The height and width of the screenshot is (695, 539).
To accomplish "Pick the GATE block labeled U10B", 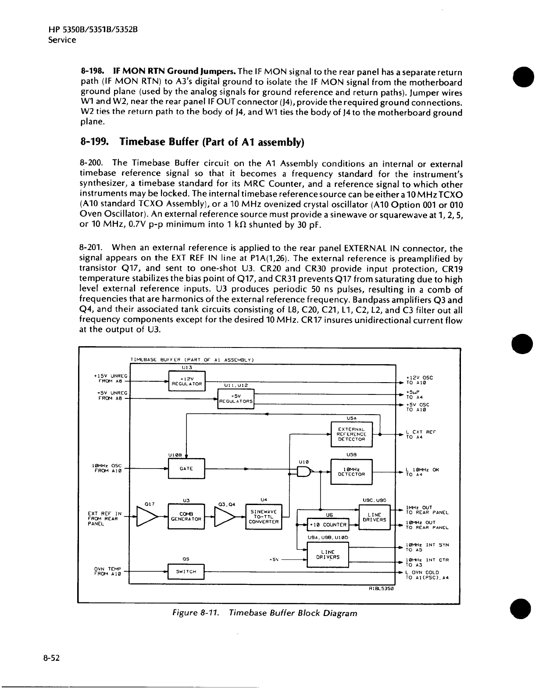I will [186, 469].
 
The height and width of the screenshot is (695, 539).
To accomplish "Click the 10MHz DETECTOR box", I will [351, 472].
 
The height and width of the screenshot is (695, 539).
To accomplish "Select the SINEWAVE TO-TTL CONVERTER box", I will [263, 516].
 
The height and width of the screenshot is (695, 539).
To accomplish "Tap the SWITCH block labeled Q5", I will [186, 571].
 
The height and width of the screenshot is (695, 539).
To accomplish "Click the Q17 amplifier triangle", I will [147, 517].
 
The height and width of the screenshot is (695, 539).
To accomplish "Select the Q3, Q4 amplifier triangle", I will [225, 516].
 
